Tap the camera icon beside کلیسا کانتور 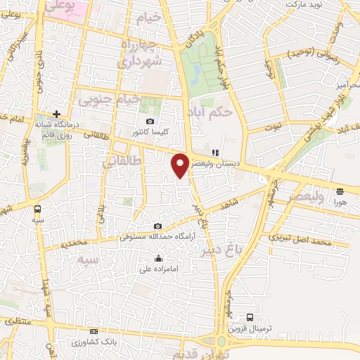pos(150,121)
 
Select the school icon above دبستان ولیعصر pos(215,152)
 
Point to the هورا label pos(340,201)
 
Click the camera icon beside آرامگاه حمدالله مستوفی pos(157,226)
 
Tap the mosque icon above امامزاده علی pos(157,257)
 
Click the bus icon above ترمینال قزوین pos(249,317)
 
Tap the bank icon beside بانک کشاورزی pos(94,331)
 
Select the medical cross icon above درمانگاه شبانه pos(56,113)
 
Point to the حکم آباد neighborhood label pos(211,111)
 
